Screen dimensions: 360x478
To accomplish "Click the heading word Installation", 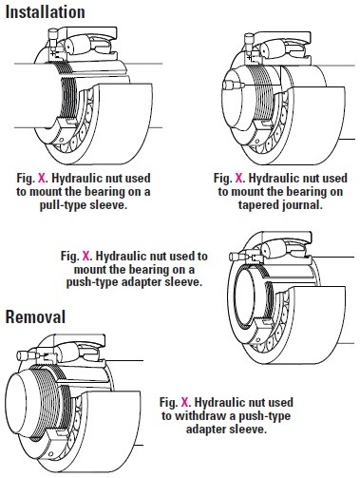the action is pos(46,12).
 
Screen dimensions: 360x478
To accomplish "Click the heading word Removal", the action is pos(36,316).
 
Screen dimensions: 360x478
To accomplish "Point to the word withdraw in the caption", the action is pos(201,415).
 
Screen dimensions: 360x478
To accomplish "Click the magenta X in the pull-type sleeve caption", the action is pos(42,179).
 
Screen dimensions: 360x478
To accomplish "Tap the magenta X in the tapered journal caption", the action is pos(238,179).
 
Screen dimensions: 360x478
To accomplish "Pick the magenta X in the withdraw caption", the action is pos(184,402).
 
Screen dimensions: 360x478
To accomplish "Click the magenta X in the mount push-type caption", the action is pos(85,256).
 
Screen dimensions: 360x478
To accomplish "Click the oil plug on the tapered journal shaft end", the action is pos(233,85).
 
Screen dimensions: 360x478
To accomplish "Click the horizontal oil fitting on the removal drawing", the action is pos(27,355).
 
